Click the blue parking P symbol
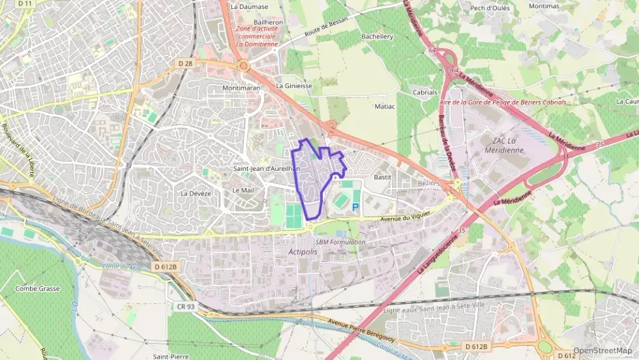tap(355, 206)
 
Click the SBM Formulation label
tap(340, 242)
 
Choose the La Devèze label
tap(195, 193)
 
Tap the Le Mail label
tap(243, 191)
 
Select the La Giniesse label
tap(294, 86)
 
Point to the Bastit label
tap(382, 177)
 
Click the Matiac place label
tap(385, 107)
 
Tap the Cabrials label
tap(425, 92)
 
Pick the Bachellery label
tap(378, 36)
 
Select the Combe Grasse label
tap(38, 289)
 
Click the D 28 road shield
tap(185, 64)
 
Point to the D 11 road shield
tap(25, 4)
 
